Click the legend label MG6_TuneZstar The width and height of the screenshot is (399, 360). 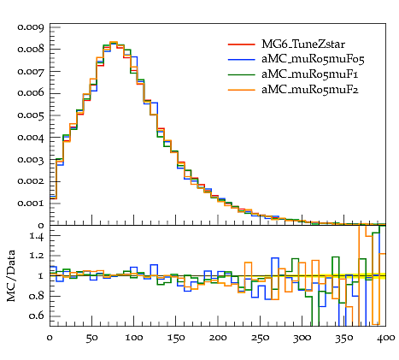pyautogui.click(x=303, y=44)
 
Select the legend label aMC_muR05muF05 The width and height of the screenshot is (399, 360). pyautogui.click(x=313, y=59)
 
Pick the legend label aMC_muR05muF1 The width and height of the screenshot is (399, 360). pyautogui.click(x=309, y=74)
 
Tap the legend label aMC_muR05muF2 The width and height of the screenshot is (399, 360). pyautogui.click(x=310, y=90)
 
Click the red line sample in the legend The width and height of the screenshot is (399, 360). pyautogui.click(x=241, y=44)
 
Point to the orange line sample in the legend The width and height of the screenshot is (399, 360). pyautogui.click(x=241, y=90)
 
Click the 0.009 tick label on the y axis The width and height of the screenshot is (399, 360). pyautogui.click(x=31, y=27)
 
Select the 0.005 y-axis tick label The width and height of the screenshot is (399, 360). pyautogui.click(x=31, y=115)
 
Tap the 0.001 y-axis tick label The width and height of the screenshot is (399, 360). pyautogui.click(x=31, y=204)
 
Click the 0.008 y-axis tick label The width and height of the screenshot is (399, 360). pyautogui.click(x=31, y=50)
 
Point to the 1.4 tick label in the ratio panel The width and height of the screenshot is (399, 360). pyautogui.click(x=37, y=236)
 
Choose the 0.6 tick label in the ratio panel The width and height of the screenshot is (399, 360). pyautogui.click(x=37, y=316)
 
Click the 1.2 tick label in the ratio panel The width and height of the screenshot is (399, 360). pyautogui.click(x=37, y=256)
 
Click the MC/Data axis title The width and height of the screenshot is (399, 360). pyautogui.click(x=11, y=276)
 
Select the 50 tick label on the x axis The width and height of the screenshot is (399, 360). pyautogui.click(x=91, y=338)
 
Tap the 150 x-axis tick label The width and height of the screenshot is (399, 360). pyautogui.click(x=176, y=338)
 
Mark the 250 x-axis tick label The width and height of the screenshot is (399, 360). pyautogui.click(x=260, y=338)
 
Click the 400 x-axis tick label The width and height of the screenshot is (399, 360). pyautogui.click(x=385, y=338)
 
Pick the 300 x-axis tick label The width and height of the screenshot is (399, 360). pyautogui.click(x=302, y=338)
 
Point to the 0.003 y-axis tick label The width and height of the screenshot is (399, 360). pyautogui.click(x=31, y=159)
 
